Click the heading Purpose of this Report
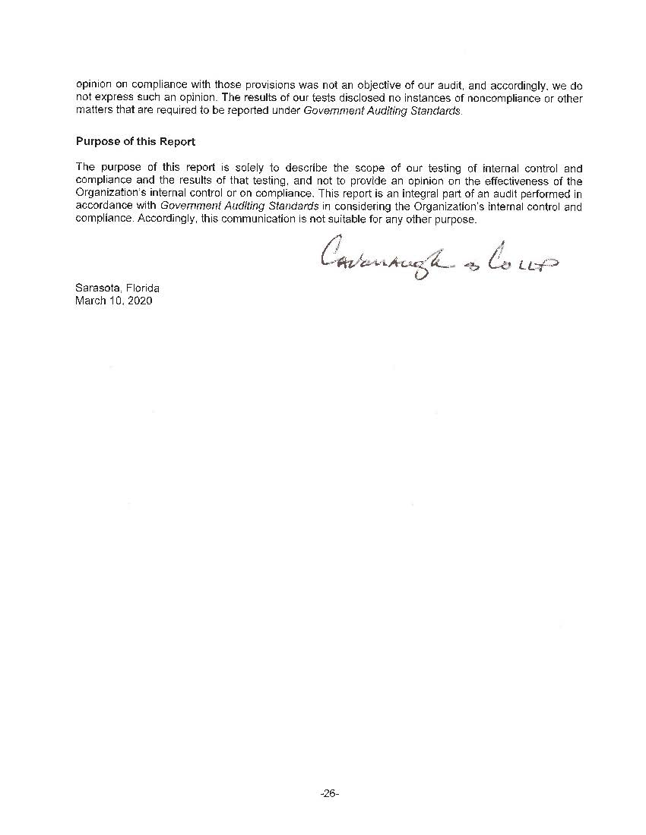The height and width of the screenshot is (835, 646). click(x=135, y=142)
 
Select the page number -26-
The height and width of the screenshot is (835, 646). click(x=329, y=793)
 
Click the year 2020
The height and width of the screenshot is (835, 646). click(x=140, y=301)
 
